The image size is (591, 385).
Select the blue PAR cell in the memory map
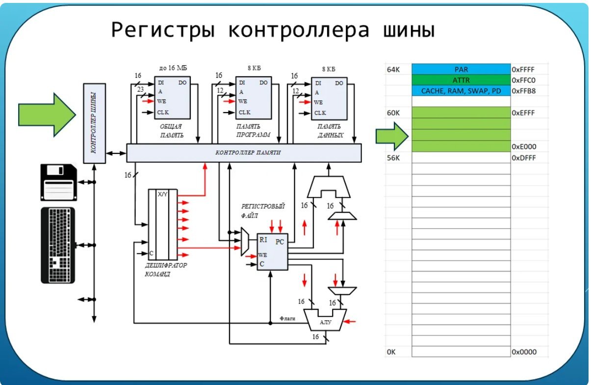tap(461, 70)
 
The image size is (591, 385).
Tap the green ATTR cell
tap(461, 80)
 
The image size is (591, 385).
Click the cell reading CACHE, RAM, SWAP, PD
tap(461, 91)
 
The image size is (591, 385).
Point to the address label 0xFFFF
tap(523, 70)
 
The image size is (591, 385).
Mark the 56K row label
tap(394, 158)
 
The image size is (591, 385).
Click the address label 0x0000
tap(524, 352)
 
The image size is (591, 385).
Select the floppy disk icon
tap(58, 183)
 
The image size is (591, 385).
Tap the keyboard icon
tap(58, 245)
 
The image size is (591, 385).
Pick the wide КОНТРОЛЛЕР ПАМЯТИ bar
tap(244, 153)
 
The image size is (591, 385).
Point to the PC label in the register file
tap(280, 241)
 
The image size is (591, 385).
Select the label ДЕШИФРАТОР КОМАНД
tap(165, 270)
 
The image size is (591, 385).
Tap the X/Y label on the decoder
tap(162, 194)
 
